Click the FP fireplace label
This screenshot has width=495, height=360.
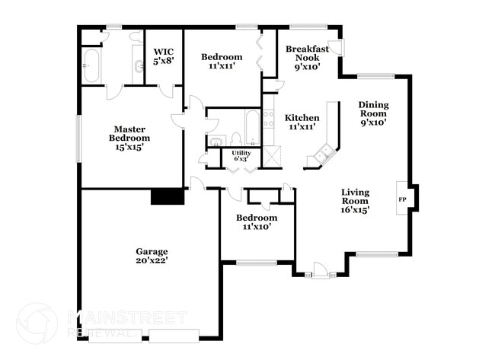click(x=402, y=199)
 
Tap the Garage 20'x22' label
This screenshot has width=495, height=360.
click(x=152, y=256)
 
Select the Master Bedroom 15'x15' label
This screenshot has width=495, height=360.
click(x=129, y=138)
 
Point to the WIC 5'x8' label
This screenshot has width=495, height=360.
click(x=164, y=56)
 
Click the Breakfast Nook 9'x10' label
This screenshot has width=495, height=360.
click(x=308, y=57)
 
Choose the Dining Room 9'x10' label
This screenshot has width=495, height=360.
click(x=373, y=113)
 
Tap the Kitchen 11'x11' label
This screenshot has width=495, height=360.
click(x=302, y=123)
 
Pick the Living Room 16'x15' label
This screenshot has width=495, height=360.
click(x=355, y=201)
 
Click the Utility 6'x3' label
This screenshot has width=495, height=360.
click(x=241, y=156)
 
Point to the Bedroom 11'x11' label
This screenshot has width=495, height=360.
click(x=222, y=62)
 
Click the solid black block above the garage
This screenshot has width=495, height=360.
click(x=168, y=196)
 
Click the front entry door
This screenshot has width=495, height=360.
click(x=320, y=269)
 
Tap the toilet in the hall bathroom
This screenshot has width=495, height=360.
click(x=236, y=139)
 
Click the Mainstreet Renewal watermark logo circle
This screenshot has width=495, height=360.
click(x=36, y=323)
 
